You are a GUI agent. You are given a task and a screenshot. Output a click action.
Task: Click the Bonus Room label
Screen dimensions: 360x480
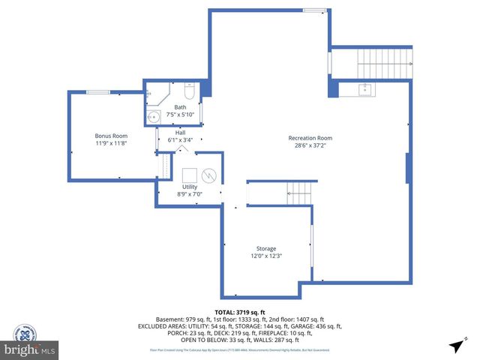pyautogui.click(x=110, y=135)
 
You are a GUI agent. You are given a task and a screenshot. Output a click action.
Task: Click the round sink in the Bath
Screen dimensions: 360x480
pyautogui.click(x=154, y=116)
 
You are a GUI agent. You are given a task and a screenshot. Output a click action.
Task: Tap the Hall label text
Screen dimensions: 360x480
pyautogui.click(x=180, y=132)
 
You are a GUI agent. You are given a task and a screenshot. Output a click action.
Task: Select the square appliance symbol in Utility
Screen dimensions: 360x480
pyautogui.click(x=186, y=174)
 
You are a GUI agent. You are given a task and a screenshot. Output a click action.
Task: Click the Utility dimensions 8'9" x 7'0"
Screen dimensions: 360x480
pyautogui.click(x=190, y=193)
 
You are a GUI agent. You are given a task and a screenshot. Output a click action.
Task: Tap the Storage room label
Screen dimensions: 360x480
pyautogui.click(x=265, y=248)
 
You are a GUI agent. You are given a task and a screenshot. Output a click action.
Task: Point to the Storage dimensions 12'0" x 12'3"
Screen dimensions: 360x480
pyautogui.click(x=265, y=256)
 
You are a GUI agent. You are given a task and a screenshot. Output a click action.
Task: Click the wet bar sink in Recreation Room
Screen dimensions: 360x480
pyautogui.click(x=366, y=91)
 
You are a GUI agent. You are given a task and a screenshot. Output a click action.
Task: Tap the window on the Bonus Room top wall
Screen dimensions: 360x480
pyautogui.click(x=97, y=92)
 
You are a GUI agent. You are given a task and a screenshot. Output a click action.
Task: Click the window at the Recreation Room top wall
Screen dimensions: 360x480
pyautogui.click(x=314, y=10)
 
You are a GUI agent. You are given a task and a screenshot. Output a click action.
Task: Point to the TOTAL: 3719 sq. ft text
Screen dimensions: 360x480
pyautogui.click(x=240, y=312)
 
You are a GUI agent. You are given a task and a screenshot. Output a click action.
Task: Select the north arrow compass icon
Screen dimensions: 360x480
pyautogui.click(x=455, y=345)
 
